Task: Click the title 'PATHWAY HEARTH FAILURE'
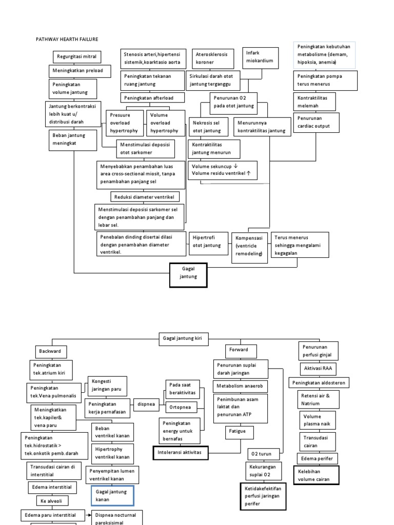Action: (66, 39)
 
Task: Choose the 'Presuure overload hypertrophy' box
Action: (125, 123)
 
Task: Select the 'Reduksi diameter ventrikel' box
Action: (140, 196)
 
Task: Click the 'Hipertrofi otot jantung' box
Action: (207, 242)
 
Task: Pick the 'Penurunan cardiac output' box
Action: (314, 123)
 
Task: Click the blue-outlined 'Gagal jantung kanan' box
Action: (112, 495)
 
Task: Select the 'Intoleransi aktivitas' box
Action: (180, 453)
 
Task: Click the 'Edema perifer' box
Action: (318, 458)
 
